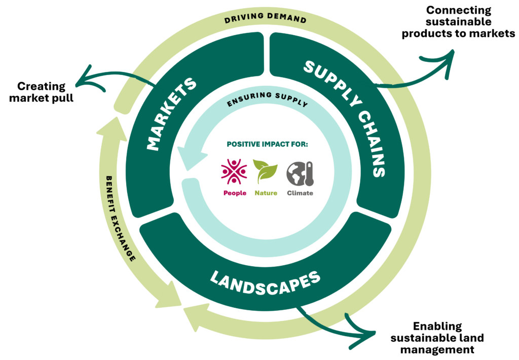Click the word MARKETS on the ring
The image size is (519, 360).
(x=171, y=115)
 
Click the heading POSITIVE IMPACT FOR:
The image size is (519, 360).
(x=267, y=144)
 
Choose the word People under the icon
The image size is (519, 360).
(x=235, y=193)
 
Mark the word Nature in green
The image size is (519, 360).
(x=266, y=193)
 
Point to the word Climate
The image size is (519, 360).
(x=300, y=193)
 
